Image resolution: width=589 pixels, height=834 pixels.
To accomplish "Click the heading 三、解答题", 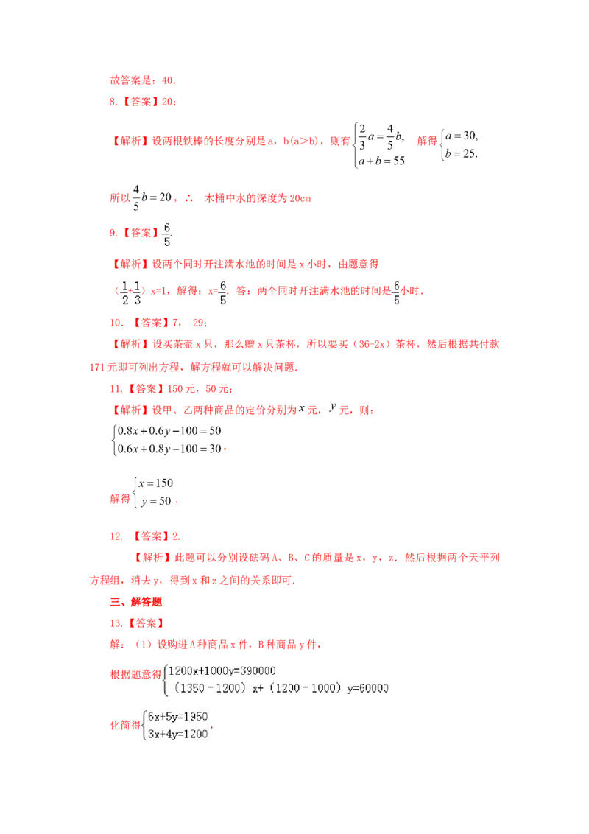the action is (135, 602).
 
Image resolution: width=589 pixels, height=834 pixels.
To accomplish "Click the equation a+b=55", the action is (381, 161).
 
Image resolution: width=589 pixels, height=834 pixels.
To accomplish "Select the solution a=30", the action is (462, 136).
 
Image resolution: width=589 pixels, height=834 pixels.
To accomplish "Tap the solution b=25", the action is (462, 153).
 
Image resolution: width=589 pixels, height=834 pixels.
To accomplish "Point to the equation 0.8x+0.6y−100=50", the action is (169, 431).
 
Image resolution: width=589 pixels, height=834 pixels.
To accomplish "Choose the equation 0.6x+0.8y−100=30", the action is (169, 449).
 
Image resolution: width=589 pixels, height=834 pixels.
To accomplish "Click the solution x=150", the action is (156, 483).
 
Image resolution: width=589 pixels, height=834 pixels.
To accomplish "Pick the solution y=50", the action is (156, 501).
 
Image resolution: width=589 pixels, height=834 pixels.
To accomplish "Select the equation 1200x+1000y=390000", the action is (222, 670).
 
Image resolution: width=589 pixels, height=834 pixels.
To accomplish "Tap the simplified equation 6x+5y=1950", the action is (177, 716).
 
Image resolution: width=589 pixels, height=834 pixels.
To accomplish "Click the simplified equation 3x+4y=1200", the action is (177, 734).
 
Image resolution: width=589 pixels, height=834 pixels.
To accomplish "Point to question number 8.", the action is (113, 102).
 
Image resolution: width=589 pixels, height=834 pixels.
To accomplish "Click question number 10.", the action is (116, 323).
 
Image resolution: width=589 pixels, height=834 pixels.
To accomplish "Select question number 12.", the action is (116, 536).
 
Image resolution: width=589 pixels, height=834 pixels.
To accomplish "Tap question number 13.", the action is (116, 623).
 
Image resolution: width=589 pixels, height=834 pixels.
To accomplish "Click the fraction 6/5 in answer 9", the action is (166, 234).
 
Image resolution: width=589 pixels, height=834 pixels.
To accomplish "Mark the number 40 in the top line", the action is (168, 80).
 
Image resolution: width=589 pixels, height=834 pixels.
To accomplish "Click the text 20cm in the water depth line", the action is (300, 198).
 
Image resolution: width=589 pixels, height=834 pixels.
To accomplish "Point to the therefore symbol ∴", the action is (189, 198).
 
